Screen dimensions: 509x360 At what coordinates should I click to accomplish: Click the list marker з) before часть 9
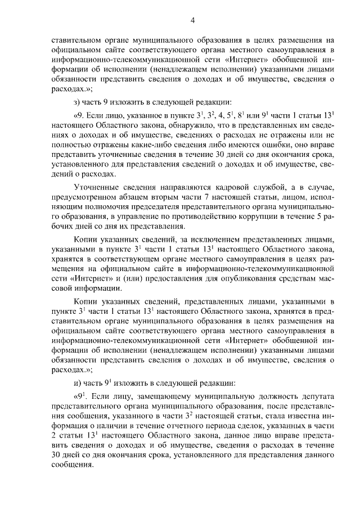coord(78,102)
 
